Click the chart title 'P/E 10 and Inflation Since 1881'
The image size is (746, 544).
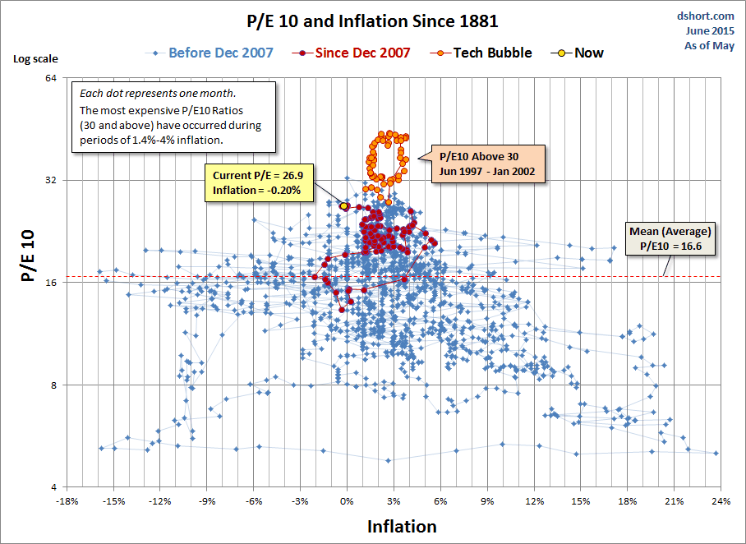coord(372,20)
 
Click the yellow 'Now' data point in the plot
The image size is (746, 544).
coord(344,205)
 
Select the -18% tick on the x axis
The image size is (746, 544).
coord(67,500)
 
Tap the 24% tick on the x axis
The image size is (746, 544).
coord(721,500)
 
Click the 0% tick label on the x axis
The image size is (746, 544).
coord(347,500)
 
